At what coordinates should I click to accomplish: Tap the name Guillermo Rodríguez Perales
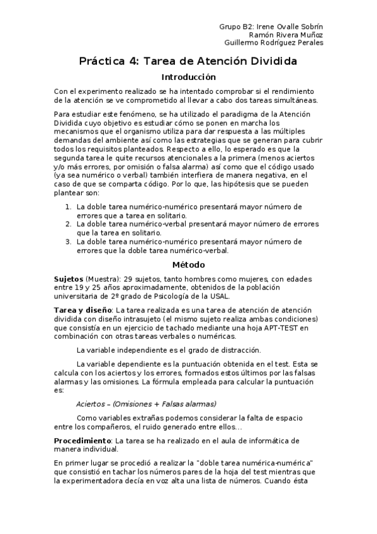[x=274, y=43]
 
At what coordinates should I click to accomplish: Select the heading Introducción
[x=189, y=77]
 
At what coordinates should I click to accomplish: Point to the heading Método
[x=189, y=265]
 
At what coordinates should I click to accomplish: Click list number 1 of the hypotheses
[x=69, y=207]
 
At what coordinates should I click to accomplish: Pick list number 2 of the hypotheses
[x=69, y=224]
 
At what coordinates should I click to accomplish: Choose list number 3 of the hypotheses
[x=69, y=241]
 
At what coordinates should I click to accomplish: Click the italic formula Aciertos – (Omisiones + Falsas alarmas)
[x=146, y=404]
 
